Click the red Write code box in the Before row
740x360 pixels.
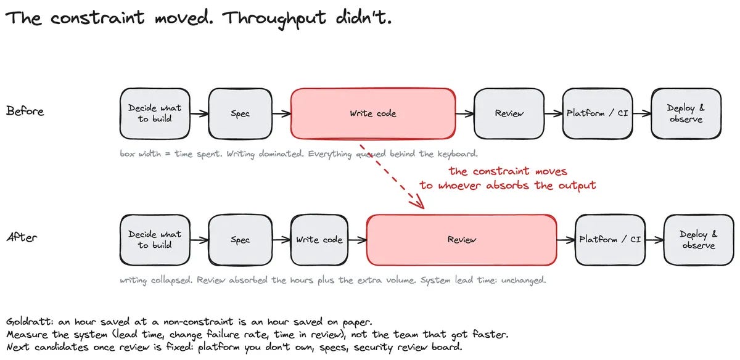coord(373,113)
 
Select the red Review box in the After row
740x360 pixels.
coord(461,240)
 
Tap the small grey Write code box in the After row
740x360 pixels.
coord(319,240)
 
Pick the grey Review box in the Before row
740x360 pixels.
coord(509,113)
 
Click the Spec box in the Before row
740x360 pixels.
coord(240,113)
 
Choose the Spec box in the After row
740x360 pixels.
coord(240,240)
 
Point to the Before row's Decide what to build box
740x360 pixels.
coord(155,113)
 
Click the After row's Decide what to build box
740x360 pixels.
coord(155,240)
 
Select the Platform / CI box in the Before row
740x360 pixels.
coord(598,113)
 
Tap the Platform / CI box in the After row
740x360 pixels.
coord(610,240)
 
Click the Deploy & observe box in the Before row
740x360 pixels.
coord(686,113)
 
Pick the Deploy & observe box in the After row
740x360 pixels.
coord(699,240)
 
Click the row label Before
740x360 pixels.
coord(25,111)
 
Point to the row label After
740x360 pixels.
coord(22,237)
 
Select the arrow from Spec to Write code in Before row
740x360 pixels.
coord(281,114)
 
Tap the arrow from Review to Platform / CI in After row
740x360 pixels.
coord(566,240)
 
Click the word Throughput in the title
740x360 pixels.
coord(274,18)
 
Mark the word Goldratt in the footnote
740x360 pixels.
coord(30,321)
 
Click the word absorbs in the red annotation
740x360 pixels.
coord(508,186)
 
